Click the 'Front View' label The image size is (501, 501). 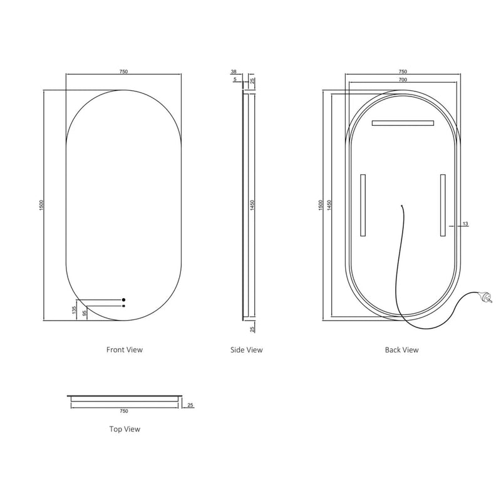coord(125,349)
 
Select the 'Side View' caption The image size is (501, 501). coord(247,349)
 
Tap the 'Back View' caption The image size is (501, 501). coord(401,349)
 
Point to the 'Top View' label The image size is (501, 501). coord(125,429)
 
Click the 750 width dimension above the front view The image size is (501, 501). coord(123,72)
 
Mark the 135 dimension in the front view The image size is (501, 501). coord(74,309)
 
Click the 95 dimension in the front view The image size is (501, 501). coord(85,312)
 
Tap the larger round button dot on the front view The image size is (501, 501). coord(124,299)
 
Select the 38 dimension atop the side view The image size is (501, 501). coord(233,72)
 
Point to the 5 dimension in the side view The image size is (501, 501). coord(235,80)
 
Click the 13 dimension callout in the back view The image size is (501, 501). coord(465,224)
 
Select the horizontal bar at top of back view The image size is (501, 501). coord(403,122)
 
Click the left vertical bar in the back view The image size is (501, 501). coord(363,206)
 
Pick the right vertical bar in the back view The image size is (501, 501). coord(442,206)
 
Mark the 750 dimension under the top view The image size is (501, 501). coord(123,411)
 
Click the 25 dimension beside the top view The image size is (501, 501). coord(191,405)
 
